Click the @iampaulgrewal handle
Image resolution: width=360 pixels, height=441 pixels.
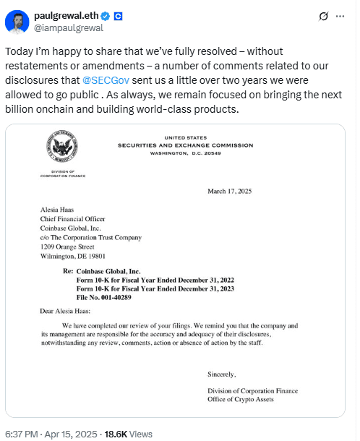(69, 28)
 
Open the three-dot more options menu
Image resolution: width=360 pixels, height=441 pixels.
(340, 16)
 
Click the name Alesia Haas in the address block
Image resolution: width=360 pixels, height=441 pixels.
(59, 210)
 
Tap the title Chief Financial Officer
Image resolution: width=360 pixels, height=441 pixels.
(74, 219)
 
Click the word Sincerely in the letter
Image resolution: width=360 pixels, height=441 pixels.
(221, 374)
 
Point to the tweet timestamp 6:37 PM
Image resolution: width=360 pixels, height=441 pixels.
(24, 434)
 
